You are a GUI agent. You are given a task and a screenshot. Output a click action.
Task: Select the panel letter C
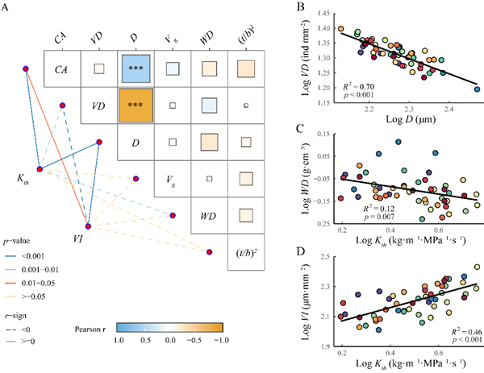pyautogui.click(x=302, y=129)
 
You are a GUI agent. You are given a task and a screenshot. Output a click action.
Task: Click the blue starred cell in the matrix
pyautogui.click(x=135, y=68)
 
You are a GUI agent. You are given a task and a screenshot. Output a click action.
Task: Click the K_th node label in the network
pyautogui.click(x=25, y=176)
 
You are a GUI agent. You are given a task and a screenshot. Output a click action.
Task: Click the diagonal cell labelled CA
pyautogui.click(x=60, y=69)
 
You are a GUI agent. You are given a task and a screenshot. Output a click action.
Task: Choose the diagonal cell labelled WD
pyautogui.click(x=209, y=216)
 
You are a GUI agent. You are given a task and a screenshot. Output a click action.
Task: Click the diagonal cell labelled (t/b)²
pyautogui.click(x=245, y=253)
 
